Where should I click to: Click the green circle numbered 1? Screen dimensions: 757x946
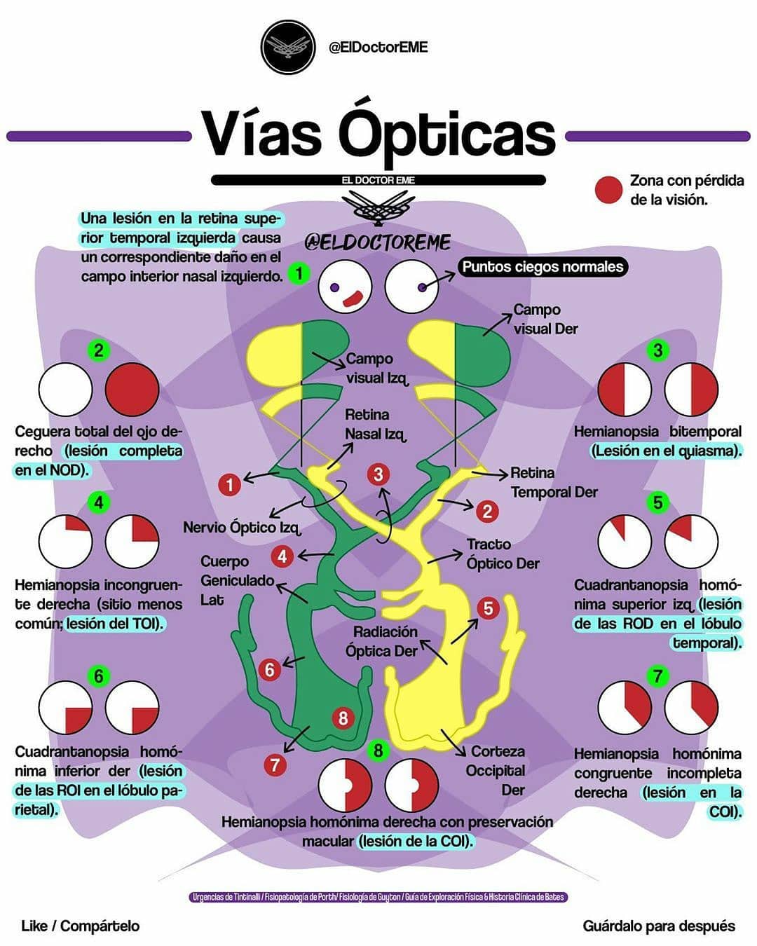coord(299,273)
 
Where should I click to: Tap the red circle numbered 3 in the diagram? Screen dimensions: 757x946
coord(378,474)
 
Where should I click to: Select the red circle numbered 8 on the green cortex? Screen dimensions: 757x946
coord(343,718)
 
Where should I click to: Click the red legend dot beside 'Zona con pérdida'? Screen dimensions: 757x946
coord(608,190)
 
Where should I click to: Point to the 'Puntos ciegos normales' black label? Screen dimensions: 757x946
coord(543,267)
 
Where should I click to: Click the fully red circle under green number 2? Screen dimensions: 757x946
coord(132,390)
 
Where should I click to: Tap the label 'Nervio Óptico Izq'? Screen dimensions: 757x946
coord(242,528)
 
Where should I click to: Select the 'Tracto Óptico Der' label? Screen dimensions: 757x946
coord(503,554)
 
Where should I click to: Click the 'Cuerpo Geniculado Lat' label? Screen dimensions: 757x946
coord(238,581)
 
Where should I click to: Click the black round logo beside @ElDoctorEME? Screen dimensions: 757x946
coord(288,47)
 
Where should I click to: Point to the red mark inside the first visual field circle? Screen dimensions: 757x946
coord(353,299)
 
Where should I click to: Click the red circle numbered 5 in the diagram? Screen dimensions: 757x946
coord(489,608)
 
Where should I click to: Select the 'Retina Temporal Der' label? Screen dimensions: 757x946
coord(554,482)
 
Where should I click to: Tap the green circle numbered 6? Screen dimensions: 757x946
coord(99,676)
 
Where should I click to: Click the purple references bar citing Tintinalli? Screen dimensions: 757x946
coord(378,897)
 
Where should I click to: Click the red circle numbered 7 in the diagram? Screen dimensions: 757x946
coord(275,765)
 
